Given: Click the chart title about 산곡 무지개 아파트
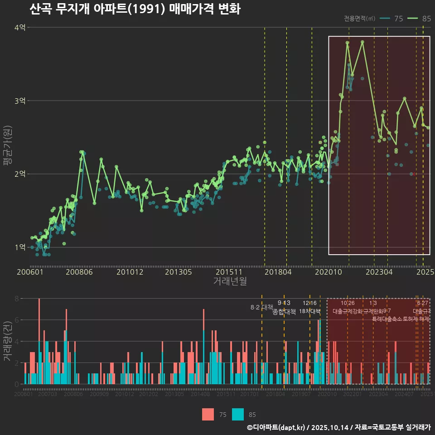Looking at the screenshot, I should coord(135,9).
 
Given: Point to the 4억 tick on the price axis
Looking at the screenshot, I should coord(20,28).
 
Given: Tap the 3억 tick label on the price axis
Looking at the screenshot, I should coord(20,101).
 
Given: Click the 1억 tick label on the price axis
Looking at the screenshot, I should coord(20,247).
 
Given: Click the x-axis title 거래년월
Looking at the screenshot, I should coord(230,281).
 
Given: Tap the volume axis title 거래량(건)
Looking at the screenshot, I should coord(7,341).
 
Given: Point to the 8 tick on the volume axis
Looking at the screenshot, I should coord(16,299).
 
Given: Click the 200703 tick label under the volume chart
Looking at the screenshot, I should coord(48,395).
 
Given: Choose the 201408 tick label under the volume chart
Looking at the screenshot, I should coord(199,395).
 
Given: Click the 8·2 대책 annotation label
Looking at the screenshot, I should coord(259,307).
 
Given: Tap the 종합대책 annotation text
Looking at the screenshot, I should coord(284,312).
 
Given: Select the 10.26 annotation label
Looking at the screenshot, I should coord(348,303).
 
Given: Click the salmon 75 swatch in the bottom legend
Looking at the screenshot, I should coord(208,414).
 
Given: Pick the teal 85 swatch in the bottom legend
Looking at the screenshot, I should coord(238,414).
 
